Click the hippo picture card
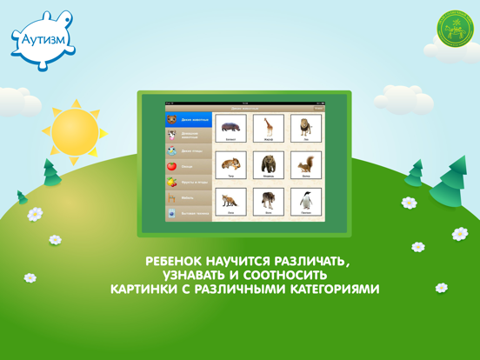pyautogui.click(x=231, y=128)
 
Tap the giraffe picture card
pyautogui.click(x=269, y=128)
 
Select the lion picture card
pyautogui.click(x=306, y=128)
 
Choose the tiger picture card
pyautogui.click(x=231, y=165)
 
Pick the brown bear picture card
pyautogui.click(x=269, y=165)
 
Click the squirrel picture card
pyautogui.click(x=306, y=165)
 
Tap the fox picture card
pyautogui.click(x=231, y=202)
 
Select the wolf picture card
pyautogui.click(x=269, y=202)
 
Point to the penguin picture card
pyautogui.click(x=306, y=202)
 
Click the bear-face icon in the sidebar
pyautogui.click(x=172, y=120)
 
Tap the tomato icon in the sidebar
pyautogui.click(x=172, y=166)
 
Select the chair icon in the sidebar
pyautogui.click(x=172, y=198)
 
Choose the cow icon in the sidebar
pyautogui.click(x=172, y=135)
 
